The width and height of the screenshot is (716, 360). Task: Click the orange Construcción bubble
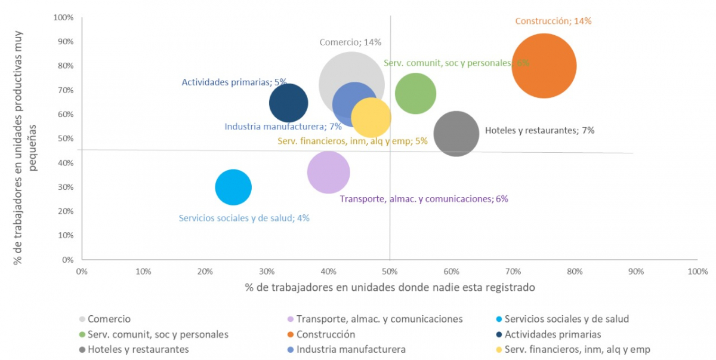544,66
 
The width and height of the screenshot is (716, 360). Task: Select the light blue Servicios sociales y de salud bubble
233,187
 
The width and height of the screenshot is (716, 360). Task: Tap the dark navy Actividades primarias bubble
288,103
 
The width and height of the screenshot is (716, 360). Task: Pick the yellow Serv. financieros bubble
372,118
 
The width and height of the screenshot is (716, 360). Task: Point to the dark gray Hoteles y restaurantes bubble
456,134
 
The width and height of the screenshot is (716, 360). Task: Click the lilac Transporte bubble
328,173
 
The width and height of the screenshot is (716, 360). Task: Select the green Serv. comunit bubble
415,93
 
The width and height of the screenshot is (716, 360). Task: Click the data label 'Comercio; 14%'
350,42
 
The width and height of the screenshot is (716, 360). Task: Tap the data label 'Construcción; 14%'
553,21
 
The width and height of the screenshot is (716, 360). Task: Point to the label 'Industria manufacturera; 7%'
283,127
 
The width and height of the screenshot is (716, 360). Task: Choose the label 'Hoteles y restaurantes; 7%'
539,130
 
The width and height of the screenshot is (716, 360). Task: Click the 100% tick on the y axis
63,18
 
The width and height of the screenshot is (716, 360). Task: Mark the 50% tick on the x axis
390,272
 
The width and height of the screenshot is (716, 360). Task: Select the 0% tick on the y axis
67,260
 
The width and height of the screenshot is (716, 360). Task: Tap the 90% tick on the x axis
636,272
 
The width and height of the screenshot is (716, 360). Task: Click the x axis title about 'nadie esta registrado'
390,287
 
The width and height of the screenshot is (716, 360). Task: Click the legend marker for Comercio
82,319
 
